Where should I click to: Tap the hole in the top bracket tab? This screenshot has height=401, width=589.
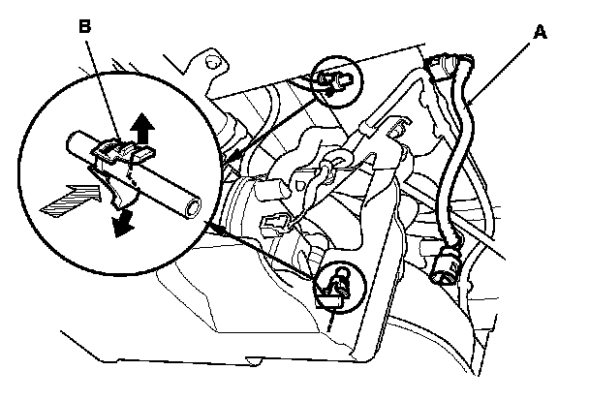click(208, 63)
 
